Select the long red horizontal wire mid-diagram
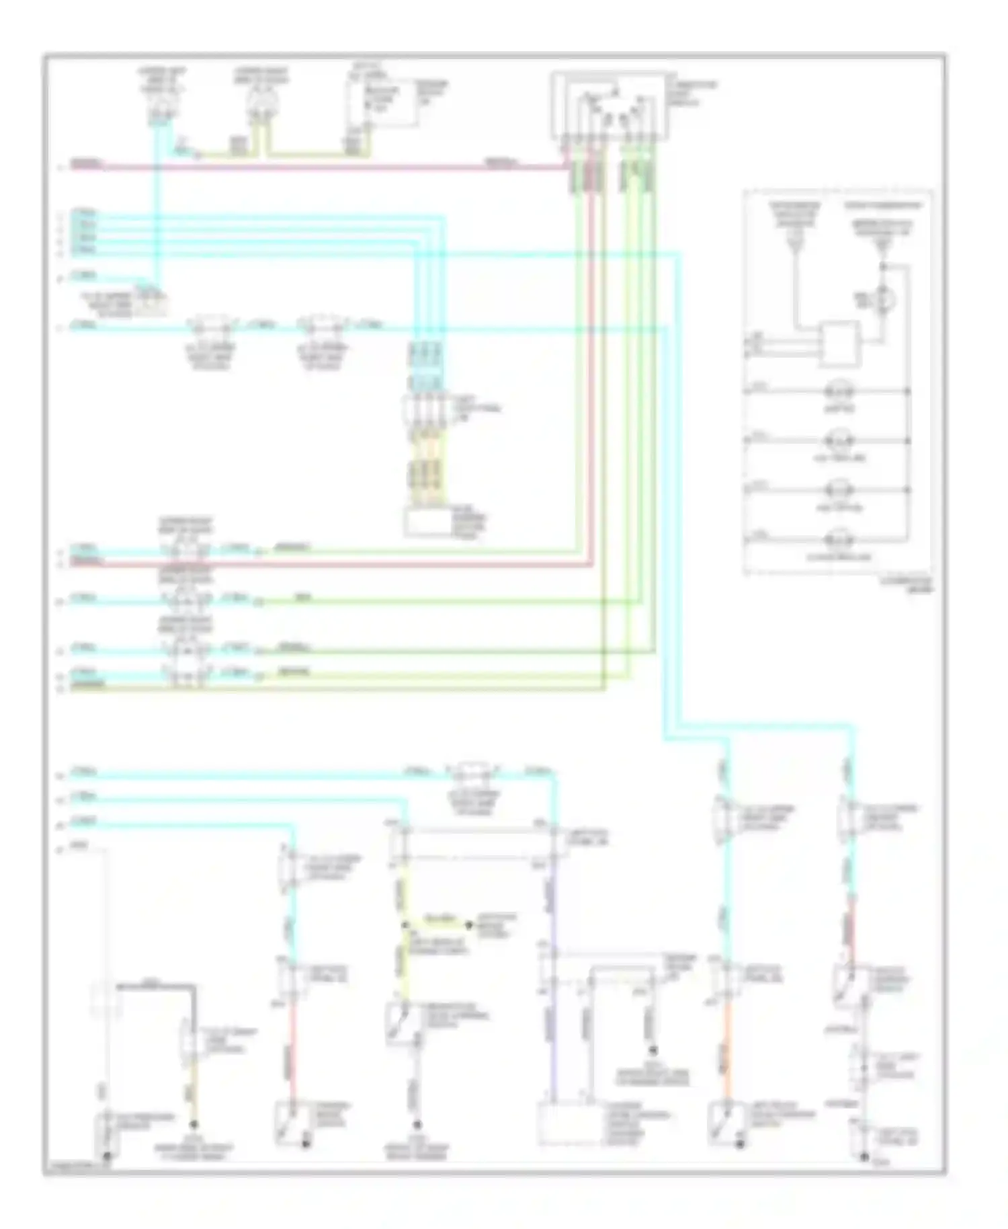click(x=336, y=565)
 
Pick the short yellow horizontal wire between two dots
click(x=437, y=925)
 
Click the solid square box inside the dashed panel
click(x=839, y=344)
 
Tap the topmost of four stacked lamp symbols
click(x=838, y=391)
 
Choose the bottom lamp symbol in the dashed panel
click(x=838, y=540)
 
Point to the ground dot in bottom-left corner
click(x=106, y=1156)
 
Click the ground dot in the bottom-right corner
click(x=864, y=1156)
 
